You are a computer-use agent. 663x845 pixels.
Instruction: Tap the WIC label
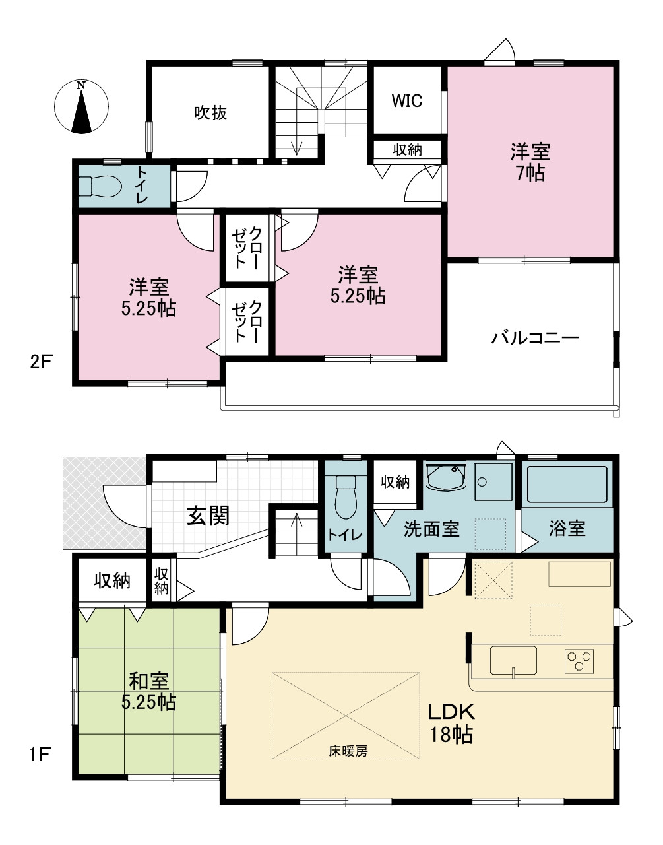tap(406, 101)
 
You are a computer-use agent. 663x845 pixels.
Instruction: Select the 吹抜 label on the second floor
tap(210, 113)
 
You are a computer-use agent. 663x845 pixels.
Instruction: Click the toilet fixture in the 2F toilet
tap(100, 187)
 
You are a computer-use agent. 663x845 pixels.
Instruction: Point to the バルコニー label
tap(535, 337)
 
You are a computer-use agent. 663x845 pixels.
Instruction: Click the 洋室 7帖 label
tap(530, 162)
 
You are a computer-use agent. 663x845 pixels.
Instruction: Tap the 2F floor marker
tap(41, 362)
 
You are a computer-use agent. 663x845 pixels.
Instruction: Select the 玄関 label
tap(208, 516)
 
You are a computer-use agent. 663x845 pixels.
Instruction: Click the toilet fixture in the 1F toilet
tap(345, 497)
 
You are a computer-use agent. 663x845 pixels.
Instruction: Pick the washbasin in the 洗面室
tap(446, 476)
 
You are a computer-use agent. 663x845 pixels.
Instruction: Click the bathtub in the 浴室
tap(567, 485)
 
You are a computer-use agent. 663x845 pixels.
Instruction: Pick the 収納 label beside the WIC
tap(407, 149)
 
